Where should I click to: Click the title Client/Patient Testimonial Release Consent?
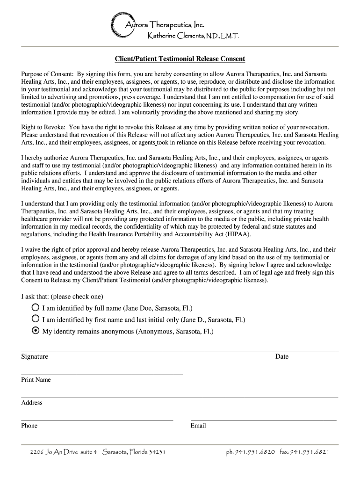[x=180, y=59]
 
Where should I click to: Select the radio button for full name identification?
[x=36, y=308]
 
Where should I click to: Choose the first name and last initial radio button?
[x=36, y=319]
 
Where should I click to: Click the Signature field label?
[x=35, y=356]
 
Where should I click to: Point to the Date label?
[x=281, y=356]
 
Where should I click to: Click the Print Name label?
[x=36, y=380]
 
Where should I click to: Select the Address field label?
[x=32, y=403]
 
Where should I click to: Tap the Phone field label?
[x=29, y=426]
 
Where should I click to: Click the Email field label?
[x=198, y=426]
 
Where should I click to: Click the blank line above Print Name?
[x=102, y=374]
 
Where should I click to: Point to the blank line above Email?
[x=264, y=420]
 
